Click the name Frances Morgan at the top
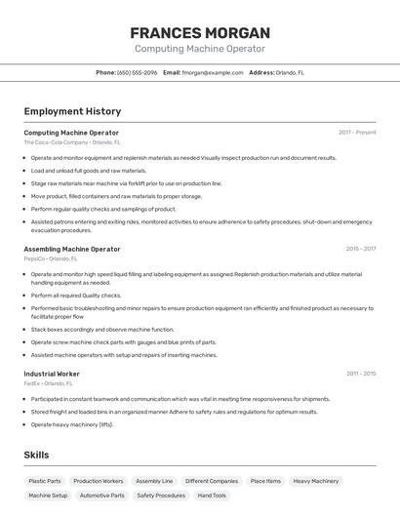(x=199, y=32)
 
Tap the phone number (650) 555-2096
(x=137, y=72)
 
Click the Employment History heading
(x=72, y=111)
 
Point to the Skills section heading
(x=36, y=455)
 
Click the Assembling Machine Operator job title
(x=72, y=249)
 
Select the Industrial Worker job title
(x=52, y=374)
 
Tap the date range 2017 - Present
(x=357, y=133)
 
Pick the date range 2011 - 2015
(x=360, y=374)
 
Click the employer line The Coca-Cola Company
(x=72, y=142)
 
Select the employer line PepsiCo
(x=50, y=258)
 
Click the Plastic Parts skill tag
(x=45, y=481)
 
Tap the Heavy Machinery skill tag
(x=316, y=481)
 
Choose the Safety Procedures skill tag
(x=161, y=496)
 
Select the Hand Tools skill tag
(x=212, y=496)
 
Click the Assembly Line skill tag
(x=154, y=481)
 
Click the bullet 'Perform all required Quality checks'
(x=76, y=295)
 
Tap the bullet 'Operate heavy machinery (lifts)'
(x=72, y=424)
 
